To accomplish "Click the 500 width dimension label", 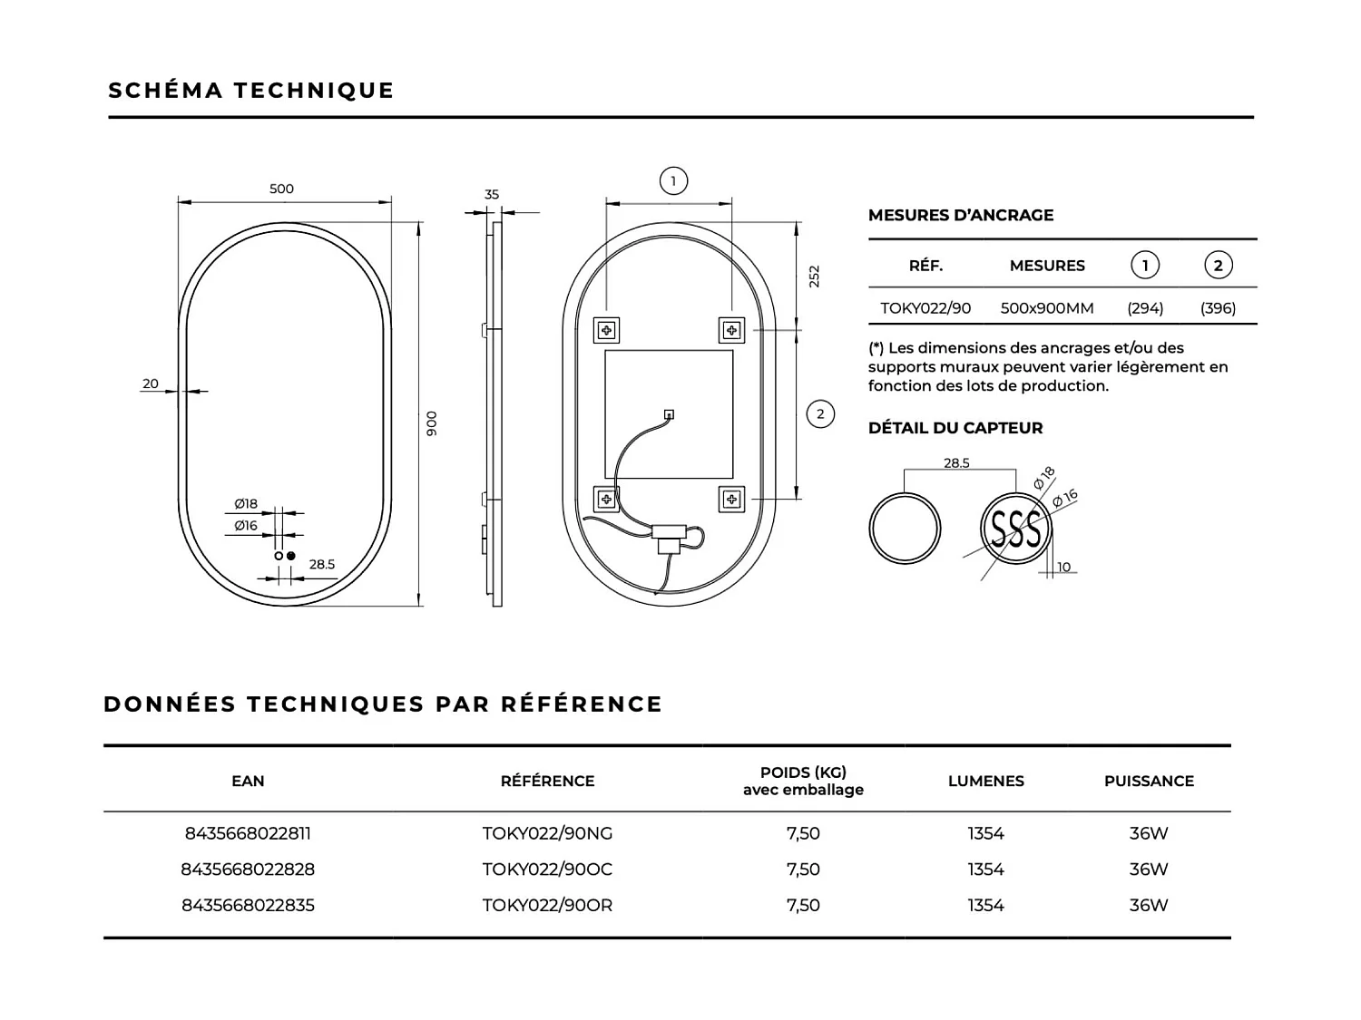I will [281, 189].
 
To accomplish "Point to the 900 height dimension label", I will [432, 423].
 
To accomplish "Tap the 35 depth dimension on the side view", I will [492, 194].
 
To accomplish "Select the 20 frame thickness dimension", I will [151, 384].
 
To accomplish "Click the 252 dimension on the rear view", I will [814, 276].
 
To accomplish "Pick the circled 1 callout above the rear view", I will [673, 181].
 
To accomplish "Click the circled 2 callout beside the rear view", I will [820, 414].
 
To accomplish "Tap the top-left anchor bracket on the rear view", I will [606, 330].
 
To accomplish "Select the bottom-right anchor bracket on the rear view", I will [731, 499].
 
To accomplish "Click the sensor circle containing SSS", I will [1015, 529].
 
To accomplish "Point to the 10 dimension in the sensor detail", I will [1063, 568].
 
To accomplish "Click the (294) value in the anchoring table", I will [1145, 308].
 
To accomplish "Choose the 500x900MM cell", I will [1047, 308].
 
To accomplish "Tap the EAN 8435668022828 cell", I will [248, 869].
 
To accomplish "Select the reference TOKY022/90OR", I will [547, 906].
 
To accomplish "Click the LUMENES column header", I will [985, 782].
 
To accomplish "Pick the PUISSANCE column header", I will [1149, 782].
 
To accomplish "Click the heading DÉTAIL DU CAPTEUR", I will [955, 428].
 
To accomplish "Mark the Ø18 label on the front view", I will [246, 504].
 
